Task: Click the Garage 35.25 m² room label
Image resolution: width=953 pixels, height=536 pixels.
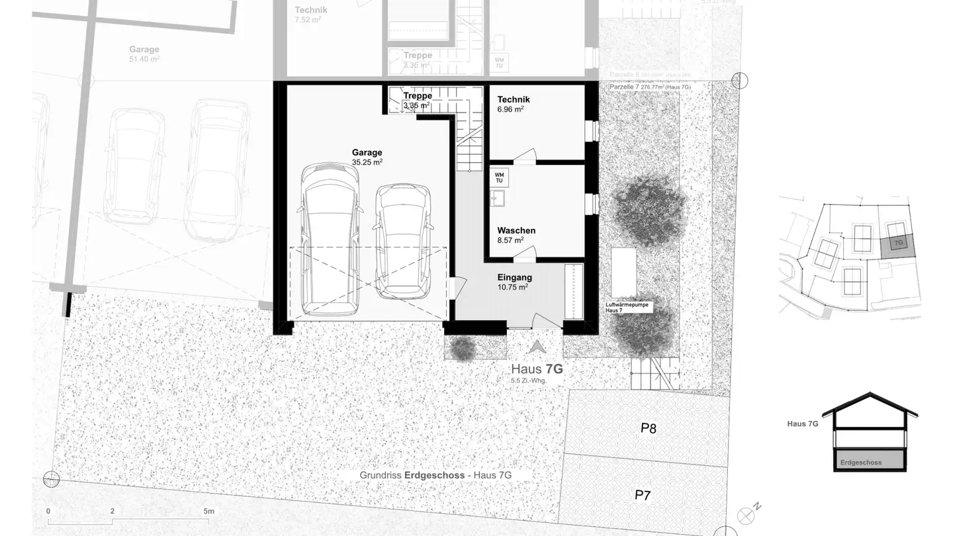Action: (367, 157)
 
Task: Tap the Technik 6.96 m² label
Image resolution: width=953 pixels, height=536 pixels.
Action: (514, 104)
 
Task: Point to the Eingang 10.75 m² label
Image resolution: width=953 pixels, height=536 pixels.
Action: (514, 283)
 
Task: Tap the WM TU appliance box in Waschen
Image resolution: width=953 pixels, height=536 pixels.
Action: (499, 177)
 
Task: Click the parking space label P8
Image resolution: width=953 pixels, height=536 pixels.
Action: (649, 428)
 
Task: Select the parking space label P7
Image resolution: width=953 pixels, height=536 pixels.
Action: (643, 495)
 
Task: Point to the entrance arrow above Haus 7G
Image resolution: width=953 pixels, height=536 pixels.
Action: (537, 347)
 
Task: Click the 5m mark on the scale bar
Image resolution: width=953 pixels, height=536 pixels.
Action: (209, 512)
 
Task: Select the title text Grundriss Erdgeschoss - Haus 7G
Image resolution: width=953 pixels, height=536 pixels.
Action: (435, 475)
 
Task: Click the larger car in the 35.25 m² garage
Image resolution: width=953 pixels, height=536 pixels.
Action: (332, 240)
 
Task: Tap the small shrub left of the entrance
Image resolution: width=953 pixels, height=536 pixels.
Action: (461, 348)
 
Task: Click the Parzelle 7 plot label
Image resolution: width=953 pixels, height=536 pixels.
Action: (650, 87)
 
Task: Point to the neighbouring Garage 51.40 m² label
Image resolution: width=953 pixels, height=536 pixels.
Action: (144, 54)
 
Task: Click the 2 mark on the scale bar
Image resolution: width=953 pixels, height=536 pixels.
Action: (113, 512)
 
